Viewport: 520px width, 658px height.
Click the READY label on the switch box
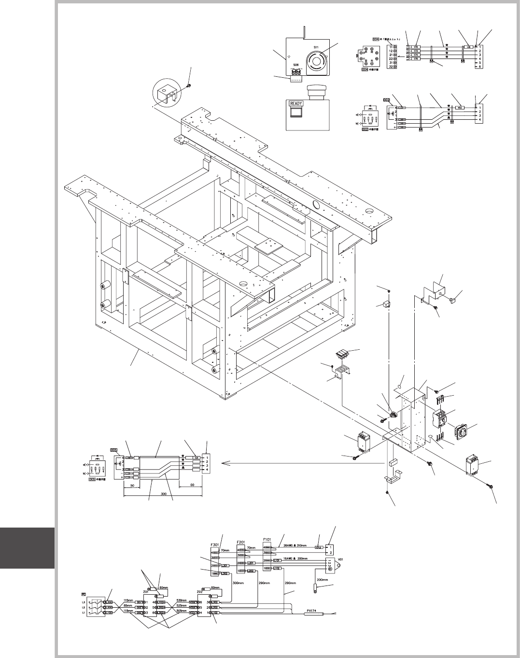pos(296,103)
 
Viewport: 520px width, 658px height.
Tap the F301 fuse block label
pos(216,544)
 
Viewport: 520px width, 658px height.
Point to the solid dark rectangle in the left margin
pos(27,548)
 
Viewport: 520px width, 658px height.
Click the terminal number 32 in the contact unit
pos(390,66)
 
